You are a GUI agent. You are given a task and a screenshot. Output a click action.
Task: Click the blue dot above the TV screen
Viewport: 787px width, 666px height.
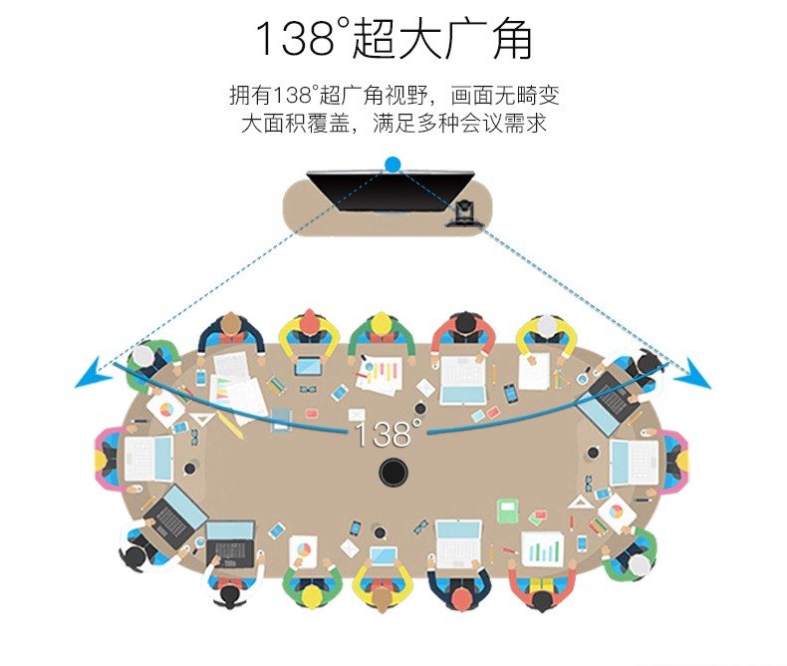(393, 165)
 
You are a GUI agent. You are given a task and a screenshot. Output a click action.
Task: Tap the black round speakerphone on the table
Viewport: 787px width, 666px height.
(393, 472)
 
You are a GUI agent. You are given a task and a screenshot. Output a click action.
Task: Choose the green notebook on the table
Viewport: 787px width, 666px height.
(508, 511)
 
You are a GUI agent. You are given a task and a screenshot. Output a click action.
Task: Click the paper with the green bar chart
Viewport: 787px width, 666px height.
(542, 548)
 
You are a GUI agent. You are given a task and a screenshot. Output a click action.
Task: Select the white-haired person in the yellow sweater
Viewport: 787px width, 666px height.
(546, 333)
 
